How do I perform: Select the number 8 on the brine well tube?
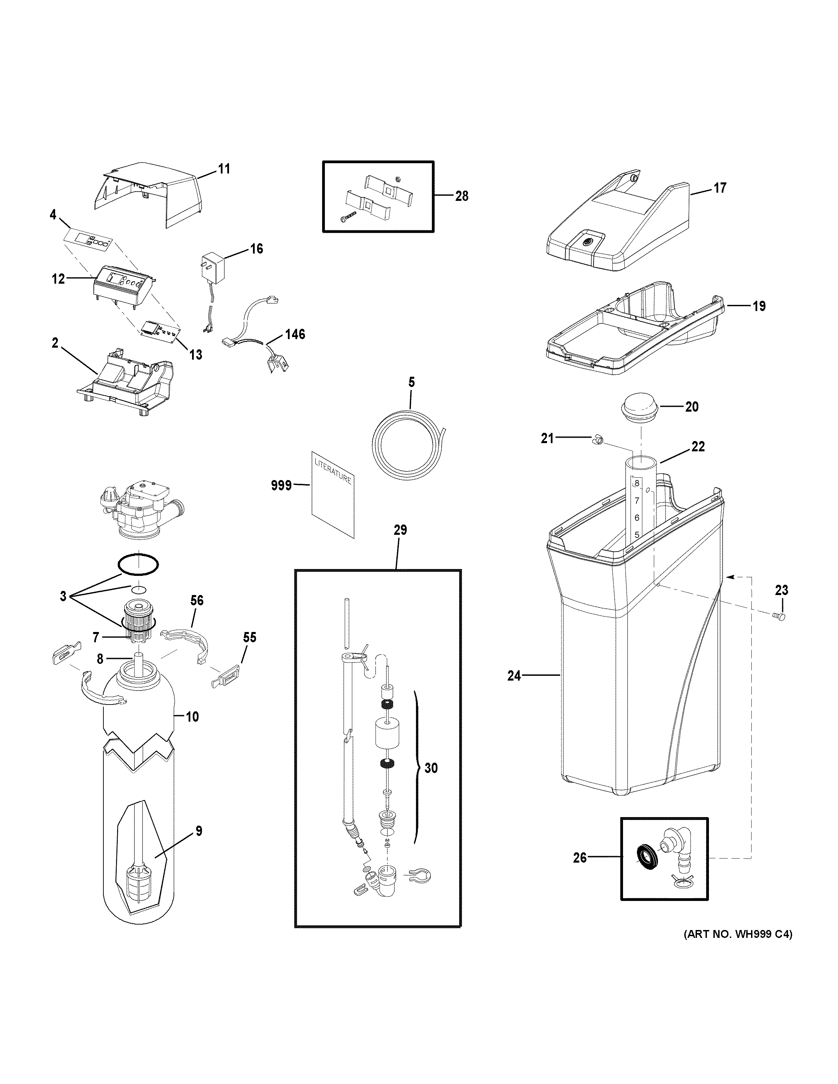click(636, 483)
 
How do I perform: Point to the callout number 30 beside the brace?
click(431, 768)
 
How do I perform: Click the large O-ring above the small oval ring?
click(139, 564)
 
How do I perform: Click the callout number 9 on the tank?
click(199, 831)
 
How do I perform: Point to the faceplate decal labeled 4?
click(88, 241)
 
